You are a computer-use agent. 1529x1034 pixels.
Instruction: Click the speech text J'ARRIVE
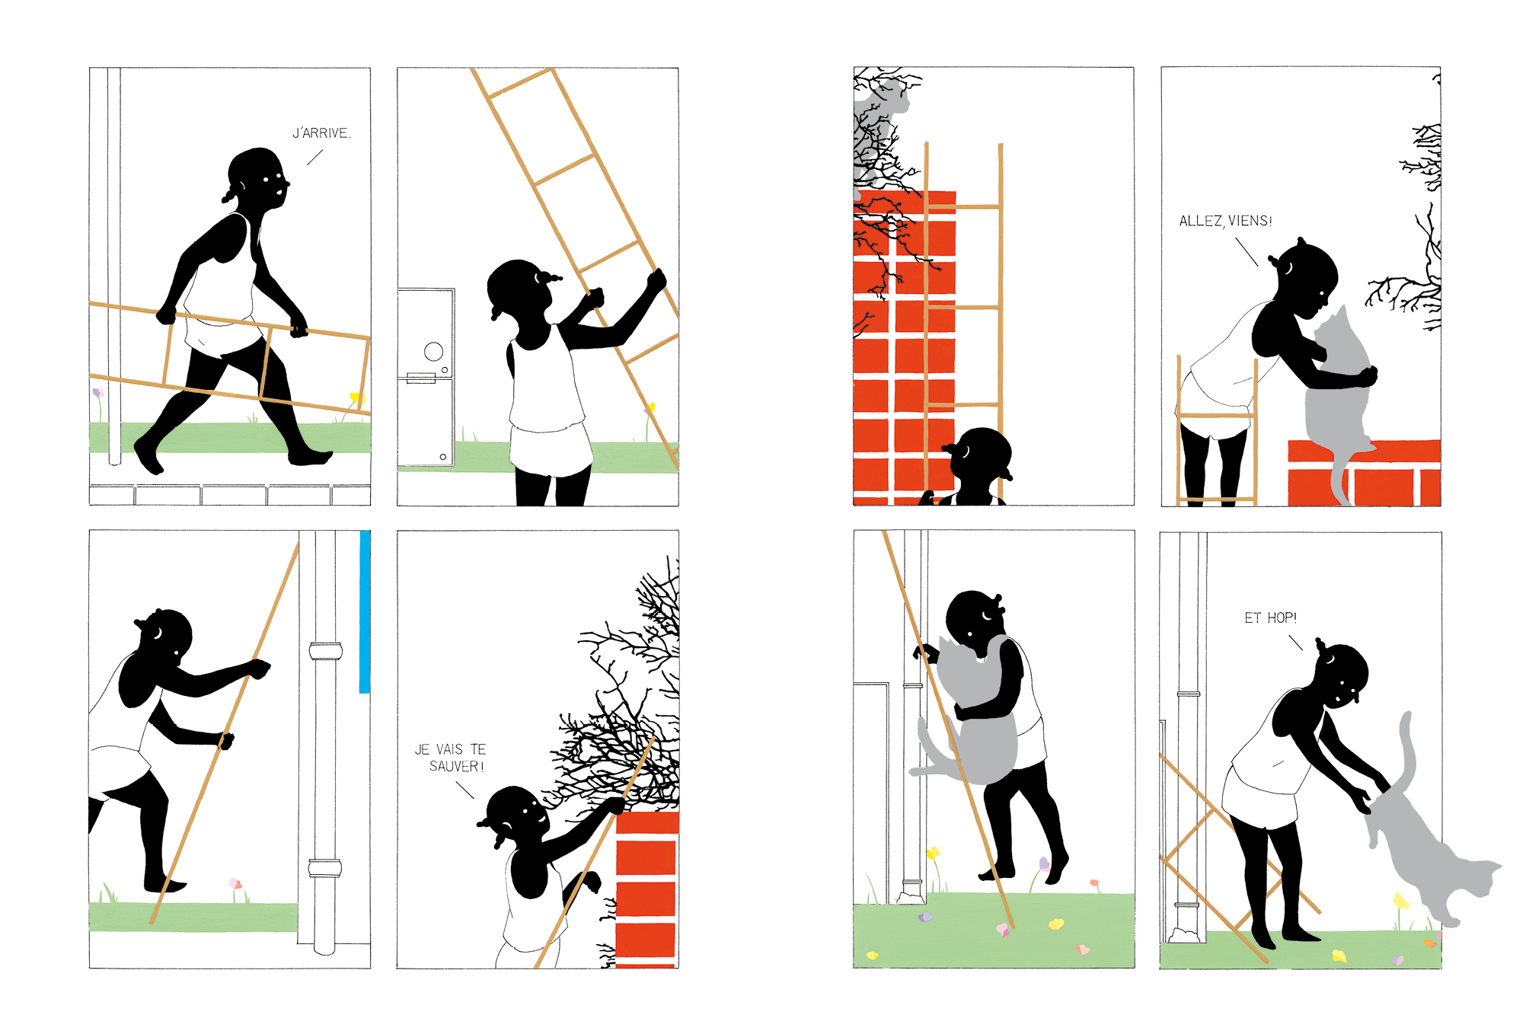click(x=321, y=133)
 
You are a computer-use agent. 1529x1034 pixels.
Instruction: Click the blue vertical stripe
click(x=365, y=611)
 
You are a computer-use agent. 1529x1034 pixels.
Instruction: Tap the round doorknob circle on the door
click(x=433, y=351)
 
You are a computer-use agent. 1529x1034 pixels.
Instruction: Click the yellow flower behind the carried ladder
click(x=355, y=397)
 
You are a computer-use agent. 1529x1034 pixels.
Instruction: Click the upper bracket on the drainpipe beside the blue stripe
click(x=326, y=651)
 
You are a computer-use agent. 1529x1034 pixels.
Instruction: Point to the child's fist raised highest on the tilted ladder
click(x=656, y=279)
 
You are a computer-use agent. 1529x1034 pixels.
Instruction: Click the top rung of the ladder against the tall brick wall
click(x=963, y=206)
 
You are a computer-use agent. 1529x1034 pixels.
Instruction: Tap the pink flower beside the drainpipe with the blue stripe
click(x=236, y=884)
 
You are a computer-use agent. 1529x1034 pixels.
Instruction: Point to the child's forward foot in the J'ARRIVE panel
click(x=311, y=457)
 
